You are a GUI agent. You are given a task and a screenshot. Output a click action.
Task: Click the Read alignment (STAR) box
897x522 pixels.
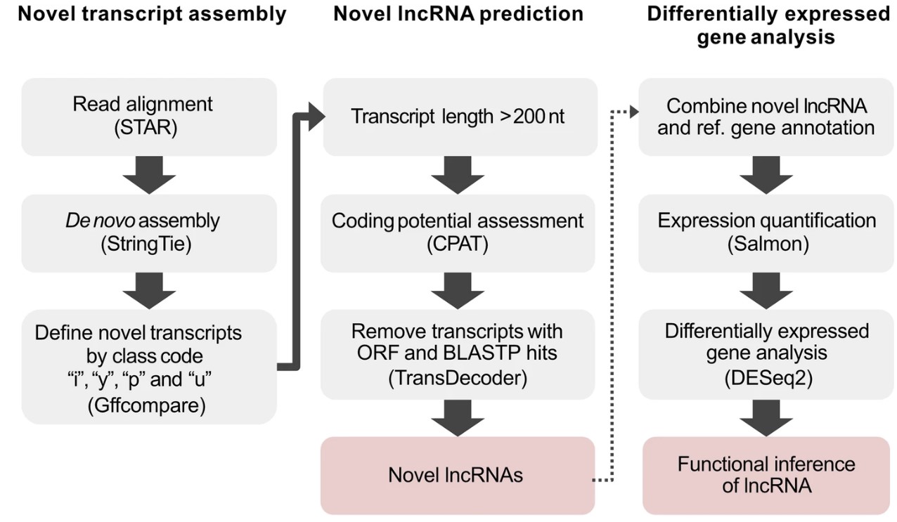click(x=148, y=116)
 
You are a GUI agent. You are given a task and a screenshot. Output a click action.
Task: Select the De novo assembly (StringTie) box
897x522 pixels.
click(x=148, y=233)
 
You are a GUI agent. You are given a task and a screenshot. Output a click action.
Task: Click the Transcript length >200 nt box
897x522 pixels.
click(x=458, y=116)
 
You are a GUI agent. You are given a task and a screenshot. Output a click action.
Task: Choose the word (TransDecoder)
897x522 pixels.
click(x=457, y=378)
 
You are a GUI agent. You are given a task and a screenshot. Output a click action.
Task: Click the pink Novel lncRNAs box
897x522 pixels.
click(x=457, y=475)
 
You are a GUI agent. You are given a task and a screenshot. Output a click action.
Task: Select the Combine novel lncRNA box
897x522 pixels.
click(x=766, y=116)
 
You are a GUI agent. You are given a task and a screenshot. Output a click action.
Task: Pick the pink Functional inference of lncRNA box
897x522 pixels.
click(x=766, y=474)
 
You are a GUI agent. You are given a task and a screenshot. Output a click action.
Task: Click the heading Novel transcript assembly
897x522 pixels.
click(x=152, y=14)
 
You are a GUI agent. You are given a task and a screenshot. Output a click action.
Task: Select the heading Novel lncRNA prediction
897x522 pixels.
click(x=458, y=14)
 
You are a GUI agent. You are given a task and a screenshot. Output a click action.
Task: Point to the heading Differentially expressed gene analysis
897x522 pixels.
click(x=768, y=25)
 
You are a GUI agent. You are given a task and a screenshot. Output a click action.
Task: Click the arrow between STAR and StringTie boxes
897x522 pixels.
click(x=148, y=175)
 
